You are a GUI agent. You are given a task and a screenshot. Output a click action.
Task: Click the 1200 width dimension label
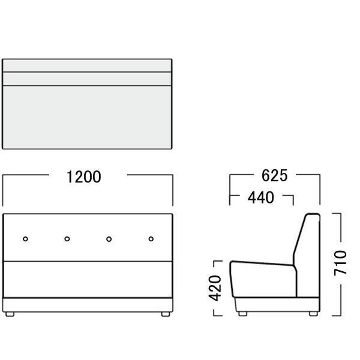(x=84, y=177)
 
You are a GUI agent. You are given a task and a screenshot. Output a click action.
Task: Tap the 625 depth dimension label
(x=274, y=176)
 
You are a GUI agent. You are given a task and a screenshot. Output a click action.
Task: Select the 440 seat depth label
(x=261, y=197)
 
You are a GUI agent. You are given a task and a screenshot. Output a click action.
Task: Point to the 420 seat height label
(x=215, y=288)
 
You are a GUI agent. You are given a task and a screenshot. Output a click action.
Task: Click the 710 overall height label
(x=340, y=263)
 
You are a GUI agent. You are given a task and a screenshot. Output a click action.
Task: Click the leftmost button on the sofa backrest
(x=25, y=239)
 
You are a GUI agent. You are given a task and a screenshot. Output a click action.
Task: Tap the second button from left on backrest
(x=67, y=239)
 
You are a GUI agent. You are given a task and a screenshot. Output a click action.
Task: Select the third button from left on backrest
(x=109, y=239)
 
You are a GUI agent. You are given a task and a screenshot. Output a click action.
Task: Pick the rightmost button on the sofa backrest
(x=151, y=239)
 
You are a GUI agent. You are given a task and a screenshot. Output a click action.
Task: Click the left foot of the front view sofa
(x=10, y=314)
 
